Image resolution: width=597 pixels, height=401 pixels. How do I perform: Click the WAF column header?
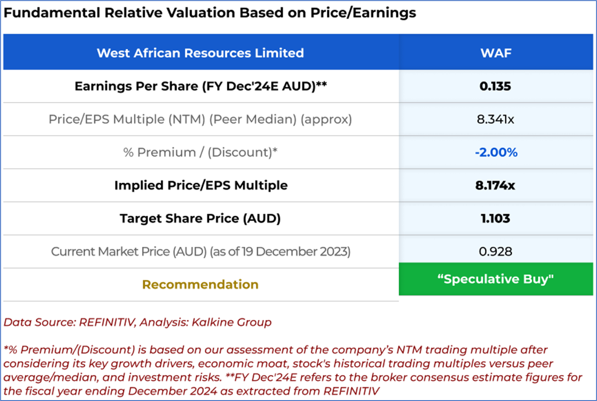(x=495, y=53)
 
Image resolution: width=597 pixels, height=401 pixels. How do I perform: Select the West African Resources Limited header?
(x=200, y=53)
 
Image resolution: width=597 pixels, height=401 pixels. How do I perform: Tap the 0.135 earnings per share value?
(x=495, y=86)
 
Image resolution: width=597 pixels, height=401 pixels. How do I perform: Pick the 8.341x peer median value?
(x=495, y=119)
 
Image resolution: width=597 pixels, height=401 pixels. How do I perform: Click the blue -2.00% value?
(x=496, y=152)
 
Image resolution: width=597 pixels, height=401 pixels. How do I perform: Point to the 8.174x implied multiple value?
(x=495, y=185)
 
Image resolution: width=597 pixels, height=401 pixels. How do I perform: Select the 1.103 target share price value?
(x=495, y=218)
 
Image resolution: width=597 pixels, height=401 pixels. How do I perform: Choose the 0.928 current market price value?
(x=495, y=251)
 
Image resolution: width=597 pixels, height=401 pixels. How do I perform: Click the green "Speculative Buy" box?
(x=495, y=279)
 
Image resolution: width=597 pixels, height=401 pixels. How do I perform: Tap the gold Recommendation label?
(x=200, y=285)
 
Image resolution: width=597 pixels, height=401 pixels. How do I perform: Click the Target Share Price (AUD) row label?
(x=200, y=218)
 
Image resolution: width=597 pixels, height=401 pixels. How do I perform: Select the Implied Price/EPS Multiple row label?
(x=200, y=185)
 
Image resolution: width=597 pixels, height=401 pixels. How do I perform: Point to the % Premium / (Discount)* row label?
(x=200, y=152)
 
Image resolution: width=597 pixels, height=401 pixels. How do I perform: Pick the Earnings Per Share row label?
(x=200, y=86)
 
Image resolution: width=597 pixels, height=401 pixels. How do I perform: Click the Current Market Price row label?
(x=200, y=251)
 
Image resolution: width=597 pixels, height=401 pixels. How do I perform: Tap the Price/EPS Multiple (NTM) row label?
(x=200, y=119)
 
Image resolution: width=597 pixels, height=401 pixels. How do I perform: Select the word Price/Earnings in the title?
(x=363, y=13)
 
